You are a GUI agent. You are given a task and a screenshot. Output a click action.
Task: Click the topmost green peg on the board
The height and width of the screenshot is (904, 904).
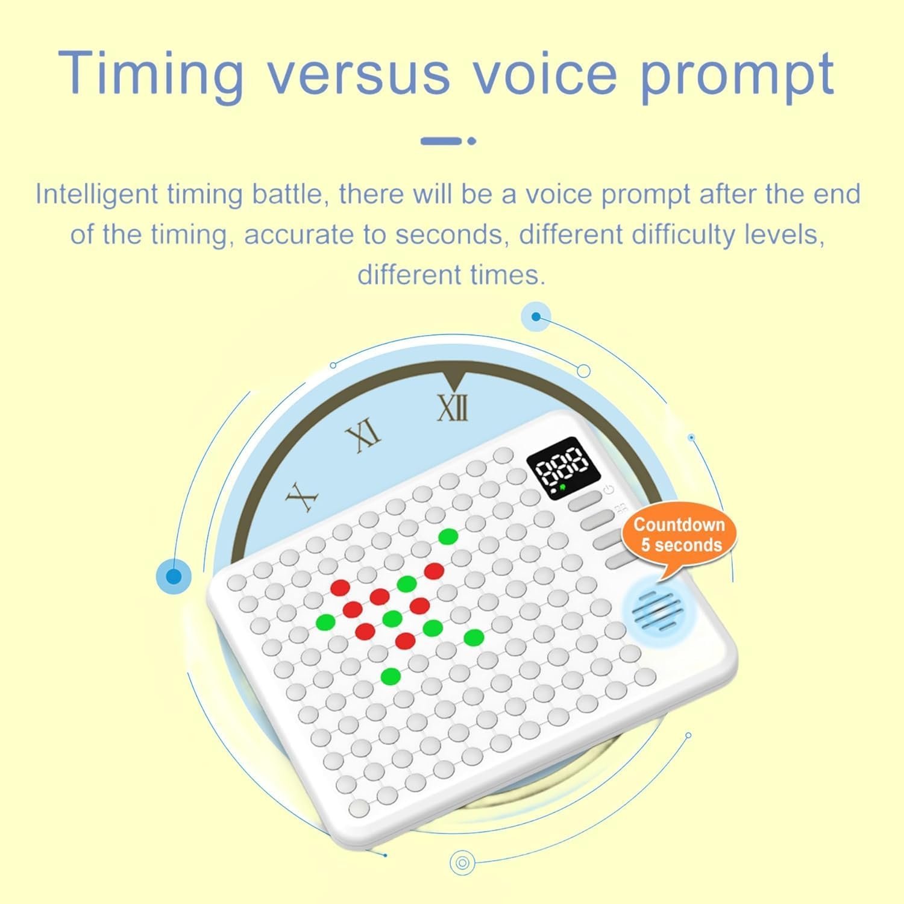pyautogui.click(x=447, y=535)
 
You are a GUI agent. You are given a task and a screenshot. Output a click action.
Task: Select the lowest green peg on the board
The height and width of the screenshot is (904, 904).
pyautogui.click(x=391, y=676)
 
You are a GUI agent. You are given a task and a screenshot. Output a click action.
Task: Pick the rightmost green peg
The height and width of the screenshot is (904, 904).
pyautogui.click(x=474, y=636)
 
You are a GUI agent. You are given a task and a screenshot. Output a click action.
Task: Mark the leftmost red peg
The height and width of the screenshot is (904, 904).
pyautogui.click(x=340, y=586)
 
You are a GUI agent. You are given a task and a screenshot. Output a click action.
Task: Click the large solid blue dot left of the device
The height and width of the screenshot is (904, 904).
pyautogui.click(x=174, y=577)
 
